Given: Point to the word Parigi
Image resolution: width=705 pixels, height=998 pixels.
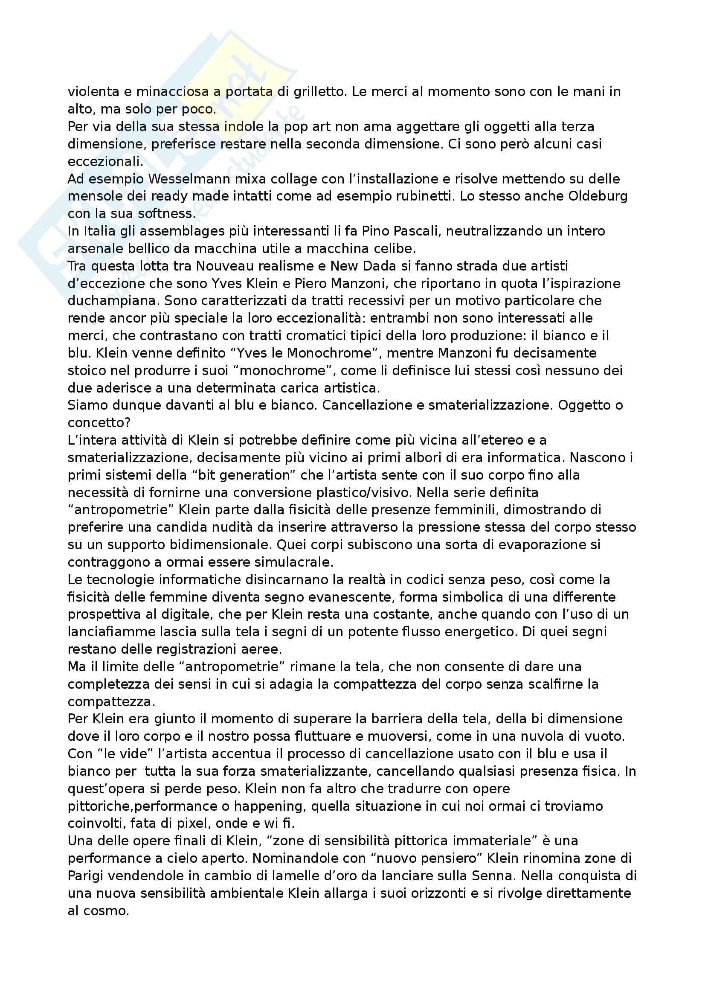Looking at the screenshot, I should (x=87, y=876).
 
